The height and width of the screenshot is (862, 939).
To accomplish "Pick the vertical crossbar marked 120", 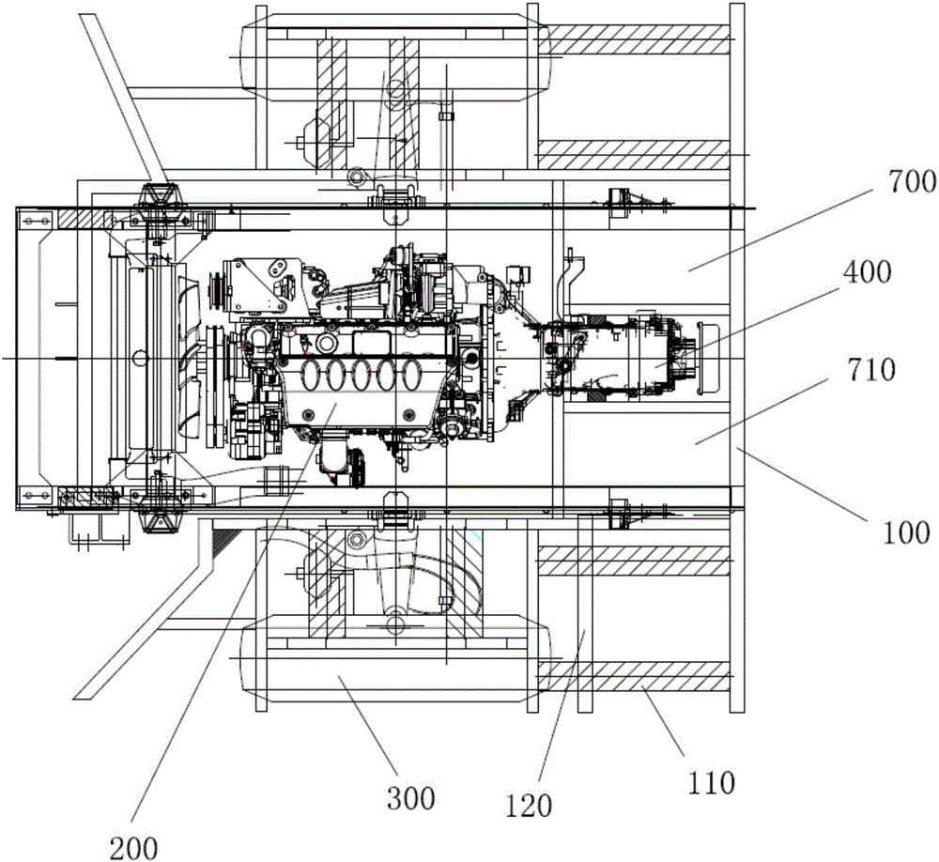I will (x=584, y=610).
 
